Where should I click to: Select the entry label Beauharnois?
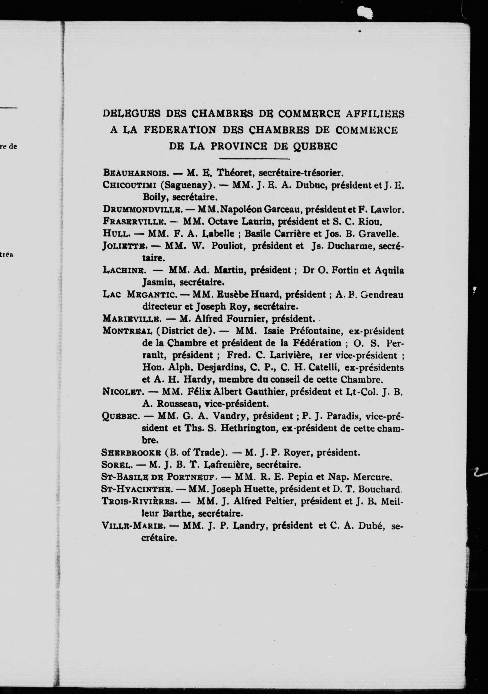[x=135, y=173]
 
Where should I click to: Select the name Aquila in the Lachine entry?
[x=389, y=270]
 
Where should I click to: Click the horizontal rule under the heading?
[x=254, y=158]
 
